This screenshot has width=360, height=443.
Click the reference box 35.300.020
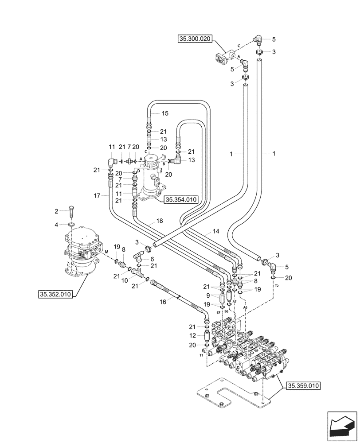point(196,39)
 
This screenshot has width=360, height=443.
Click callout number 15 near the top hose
point(165,114)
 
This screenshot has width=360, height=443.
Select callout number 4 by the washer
point(56,225)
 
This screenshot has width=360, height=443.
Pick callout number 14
point(216,231)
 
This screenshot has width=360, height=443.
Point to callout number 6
point(152,259)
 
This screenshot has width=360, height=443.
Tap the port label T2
point(277,287)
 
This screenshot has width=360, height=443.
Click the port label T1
point(201,355)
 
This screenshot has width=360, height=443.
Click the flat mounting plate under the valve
point(231,392)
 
